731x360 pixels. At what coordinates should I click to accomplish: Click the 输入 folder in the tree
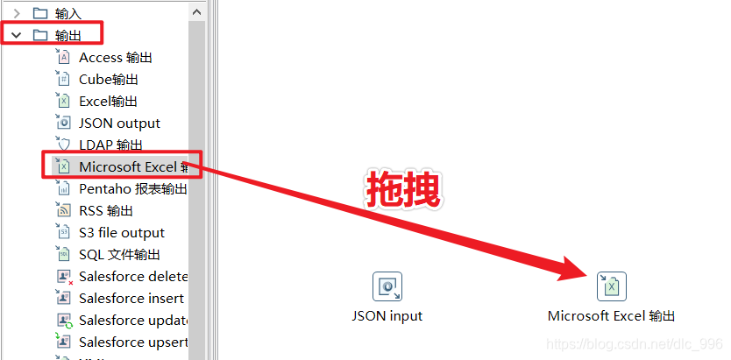(x=67, y=12)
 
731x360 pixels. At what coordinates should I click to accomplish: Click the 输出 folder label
(x=67, y=35)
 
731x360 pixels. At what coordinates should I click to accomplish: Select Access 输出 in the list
(x=115, y=57)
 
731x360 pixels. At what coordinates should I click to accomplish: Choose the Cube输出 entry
(x=108, y=79)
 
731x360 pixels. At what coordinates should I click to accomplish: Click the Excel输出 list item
(x=108, y=101)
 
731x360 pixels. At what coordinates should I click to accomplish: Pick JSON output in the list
(x=119, y=123)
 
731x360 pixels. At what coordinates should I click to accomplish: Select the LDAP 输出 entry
(x=110, y=145)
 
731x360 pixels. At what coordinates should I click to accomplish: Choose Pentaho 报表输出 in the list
(x=131, y=188)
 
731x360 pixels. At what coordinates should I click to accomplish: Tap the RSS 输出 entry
(x=105, y=210)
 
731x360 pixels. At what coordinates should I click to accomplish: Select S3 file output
(x=121, y=232)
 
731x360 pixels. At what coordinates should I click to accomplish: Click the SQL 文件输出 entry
(x=119, y=254)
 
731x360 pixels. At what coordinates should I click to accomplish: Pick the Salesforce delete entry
(x=131, y=276)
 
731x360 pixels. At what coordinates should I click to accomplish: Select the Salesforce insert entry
(x=131, y=298)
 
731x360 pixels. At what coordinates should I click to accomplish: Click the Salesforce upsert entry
(x=131, y=342)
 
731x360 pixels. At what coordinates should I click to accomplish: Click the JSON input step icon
(x=387, y=286)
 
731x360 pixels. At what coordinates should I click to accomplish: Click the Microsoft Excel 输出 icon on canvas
(x=612, y=286)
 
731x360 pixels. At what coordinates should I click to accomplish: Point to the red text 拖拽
(x=402, y=188)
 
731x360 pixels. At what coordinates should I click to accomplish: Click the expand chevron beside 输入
(x=17, y=12)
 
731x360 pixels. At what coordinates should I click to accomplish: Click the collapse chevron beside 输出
(x=17, y=35)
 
